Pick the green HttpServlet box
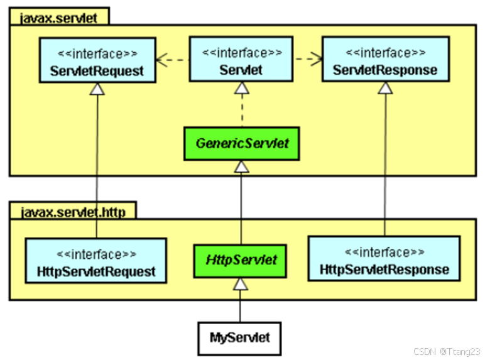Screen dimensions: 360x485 [x=241, y=259]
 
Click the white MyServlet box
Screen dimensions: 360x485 [x=239, y=337]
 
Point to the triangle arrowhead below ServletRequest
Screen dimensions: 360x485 [x=97, y=89]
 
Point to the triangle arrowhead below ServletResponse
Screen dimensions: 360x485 [x=384, y=88]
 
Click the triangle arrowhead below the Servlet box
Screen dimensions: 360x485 [x=241, y=89]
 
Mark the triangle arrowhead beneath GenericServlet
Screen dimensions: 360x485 [x=241, y=166]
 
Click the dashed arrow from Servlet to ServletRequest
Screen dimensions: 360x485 [x=172, y=60]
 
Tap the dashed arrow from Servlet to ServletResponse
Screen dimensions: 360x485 [x=308, y=60]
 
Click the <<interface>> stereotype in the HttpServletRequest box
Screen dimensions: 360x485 [x=97, y=254]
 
